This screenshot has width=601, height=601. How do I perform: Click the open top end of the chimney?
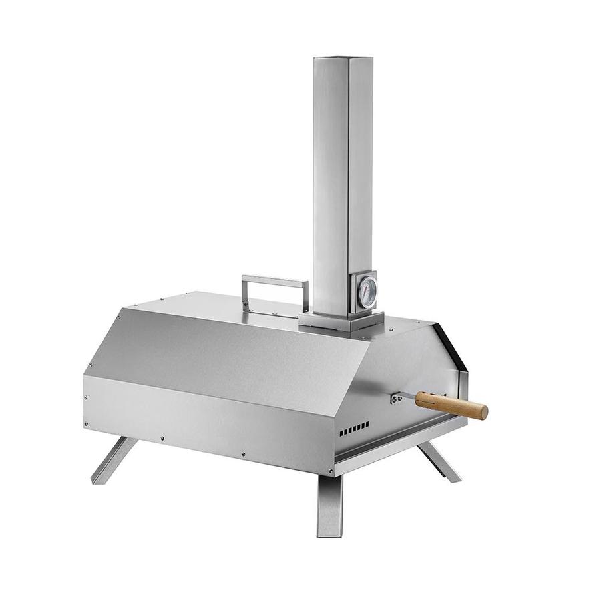tap(343, 60)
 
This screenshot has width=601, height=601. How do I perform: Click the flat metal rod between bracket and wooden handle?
tap(407, 398)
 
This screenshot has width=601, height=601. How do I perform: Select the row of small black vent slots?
tap(354, 429)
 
